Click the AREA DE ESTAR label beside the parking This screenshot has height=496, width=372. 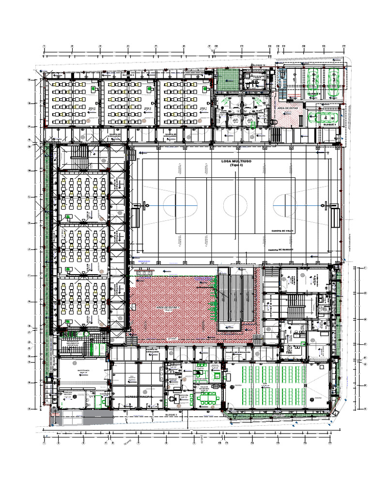[287, 108]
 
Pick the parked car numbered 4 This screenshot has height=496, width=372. [325, 117]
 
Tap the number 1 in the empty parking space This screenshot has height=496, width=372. [292, 77]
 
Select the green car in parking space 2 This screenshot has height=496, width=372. [313, 77]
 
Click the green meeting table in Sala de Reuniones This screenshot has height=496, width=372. [209, 397]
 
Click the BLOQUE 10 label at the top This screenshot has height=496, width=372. [259, 65]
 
